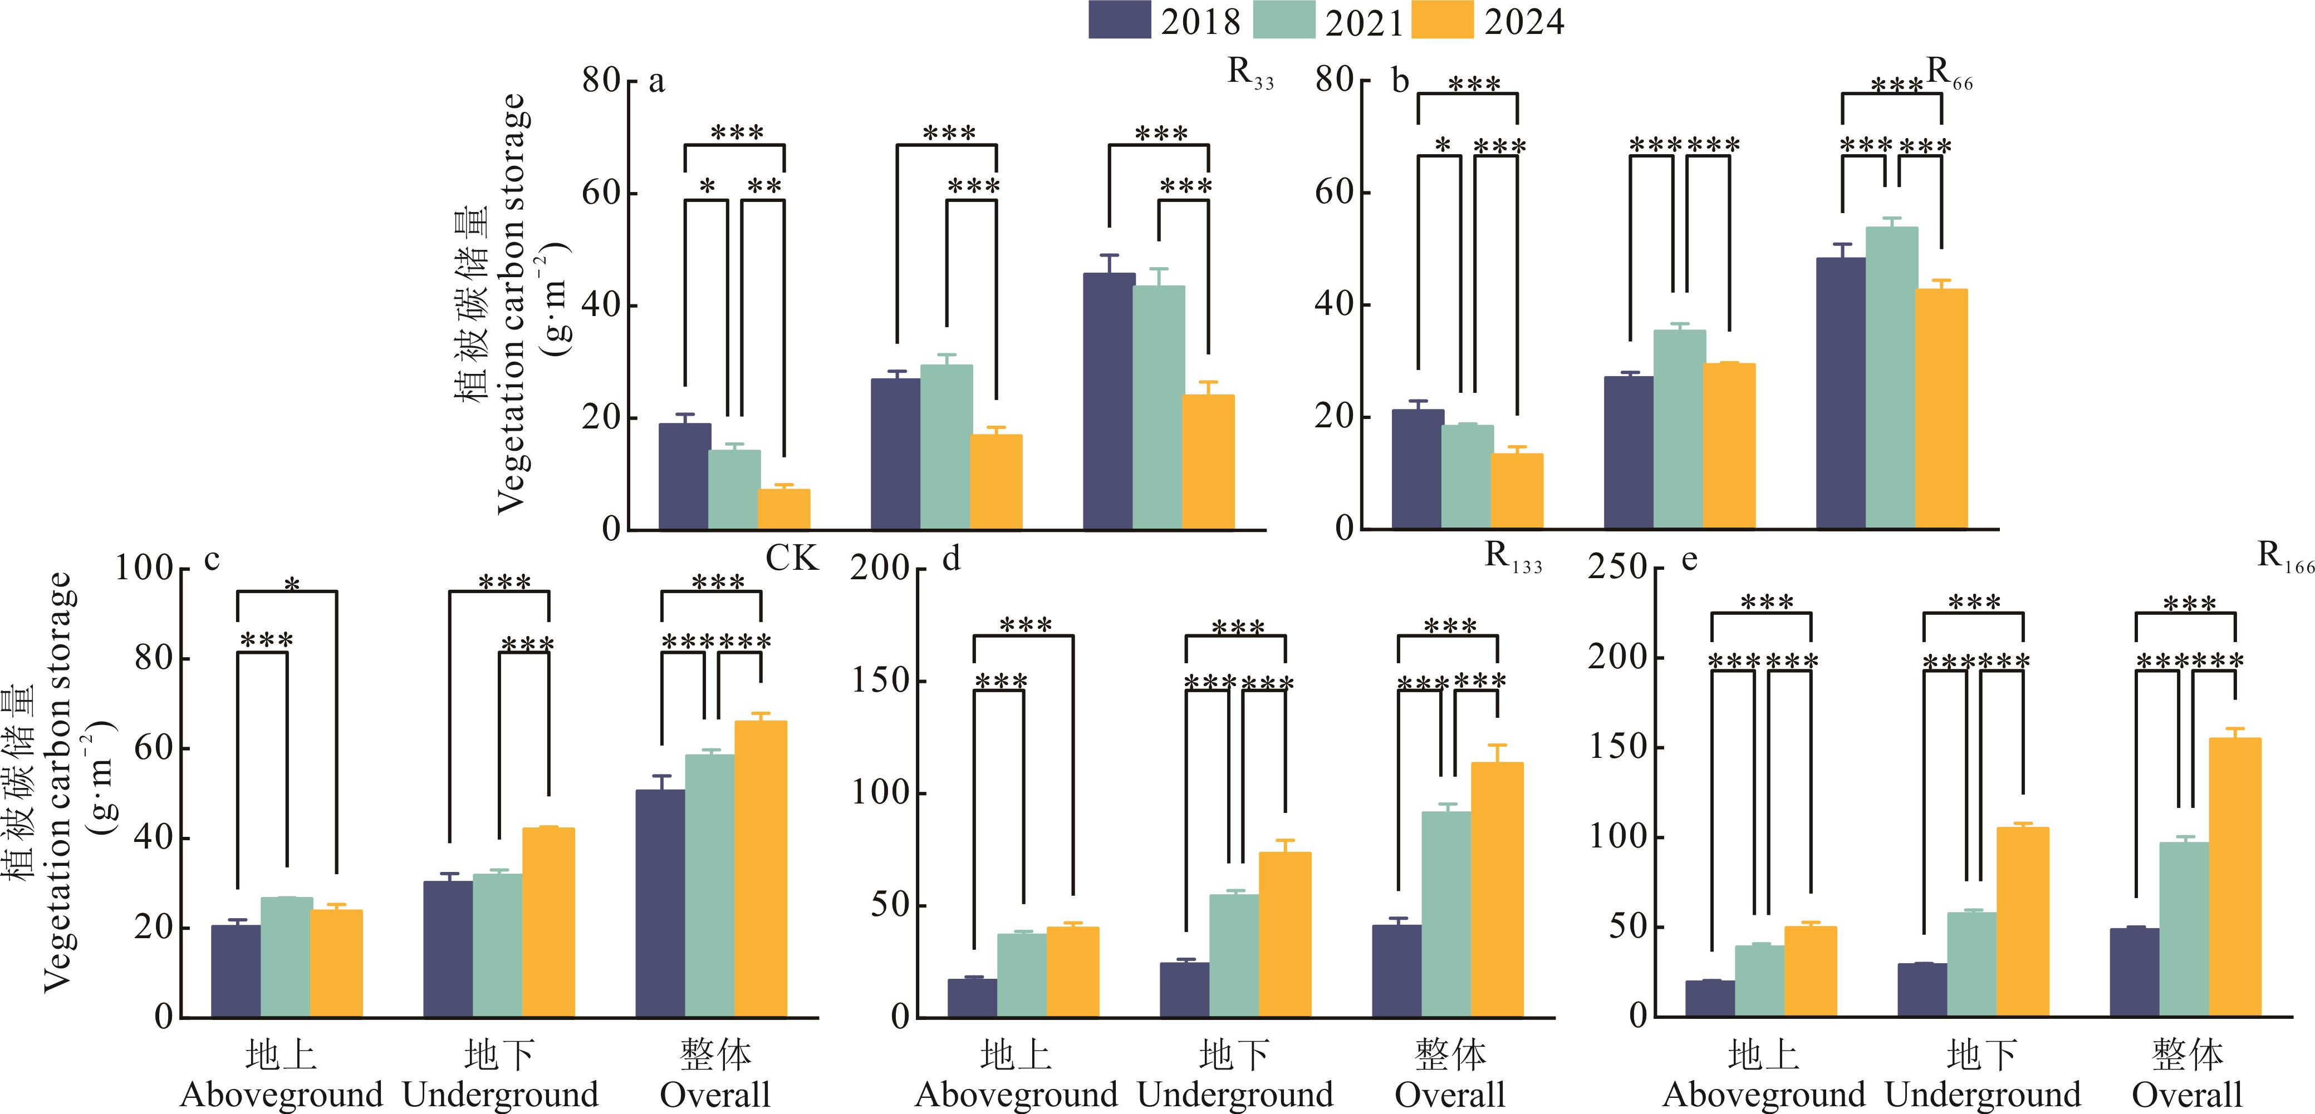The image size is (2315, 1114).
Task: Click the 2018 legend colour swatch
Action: (x=1119, y=20)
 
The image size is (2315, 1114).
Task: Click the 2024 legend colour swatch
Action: (x=1443, y=20)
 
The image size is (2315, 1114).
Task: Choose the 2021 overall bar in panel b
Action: (x=1891, y=377)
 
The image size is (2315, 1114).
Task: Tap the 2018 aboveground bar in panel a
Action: (x=684, y=476)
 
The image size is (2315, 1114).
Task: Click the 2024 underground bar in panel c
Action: (x=548, y=923)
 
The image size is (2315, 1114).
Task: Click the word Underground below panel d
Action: (x=1235, y=1095)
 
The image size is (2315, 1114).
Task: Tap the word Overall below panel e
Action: (x=2186, y=1095)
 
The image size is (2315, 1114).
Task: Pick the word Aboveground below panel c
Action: (x=281, y=1095)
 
